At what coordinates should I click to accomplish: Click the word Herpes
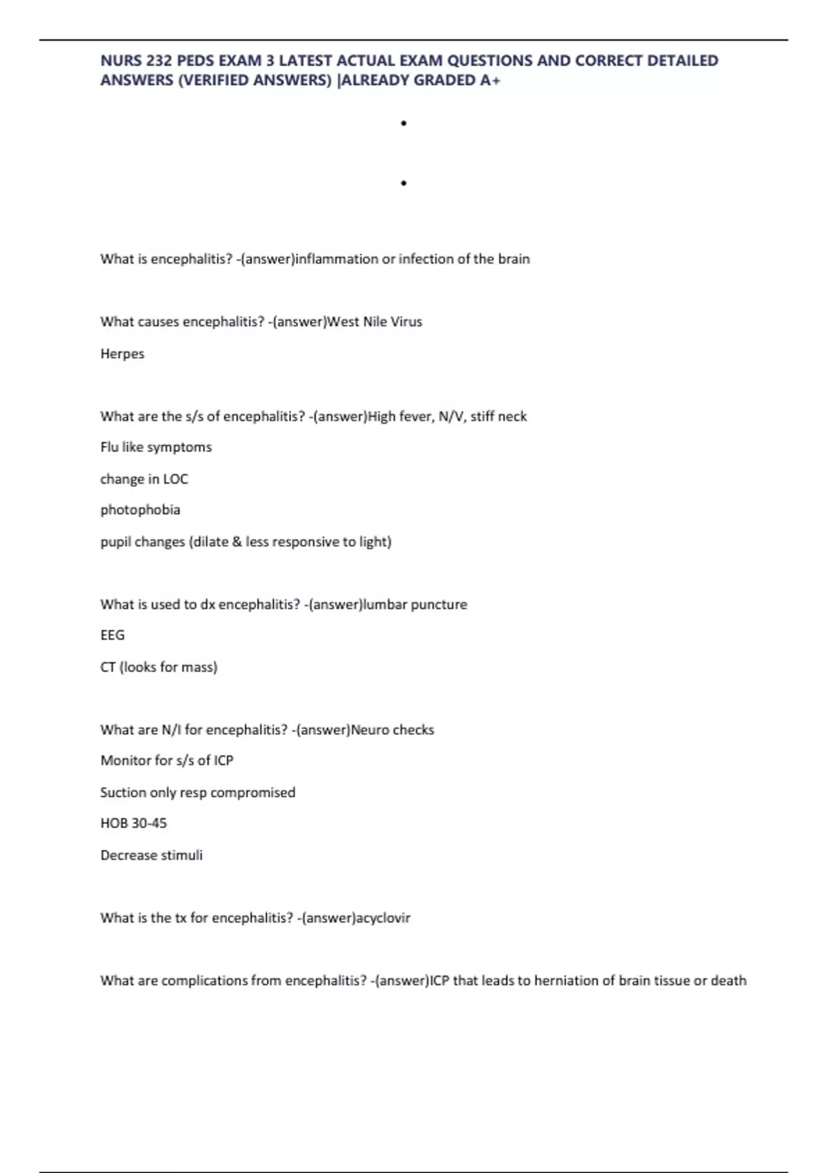pyautogui.click(x=122, y=353)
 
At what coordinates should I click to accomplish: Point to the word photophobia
pyautogui.click(x=140, y=510)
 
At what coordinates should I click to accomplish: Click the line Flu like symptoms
pyautogui.click(x=156, y=447)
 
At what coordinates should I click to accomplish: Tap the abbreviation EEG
pyautogui.click(x=112, y=635)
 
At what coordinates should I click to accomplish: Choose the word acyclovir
pyautogui.click(x=383, y=918)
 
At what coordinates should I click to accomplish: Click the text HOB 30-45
pyautogui.click(x=134, y=823)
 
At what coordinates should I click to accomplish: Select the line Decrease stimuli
pyautogui.click(x=152, y=855)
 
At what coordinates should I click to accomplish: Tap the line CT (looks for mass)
pyautogui.click(x=159, y=667)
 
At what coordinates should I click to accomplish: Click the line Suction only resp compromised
pyautogui.click(x=197, y=792)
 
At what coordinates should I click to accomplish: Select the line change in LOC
pyautogui.click(x=144, y=479)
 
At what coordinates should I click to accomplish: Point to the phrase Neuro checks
pyautogui.click(x=393, y=729)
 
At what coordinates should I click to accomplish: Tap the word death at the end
pyautogui.click(x=729, y=980)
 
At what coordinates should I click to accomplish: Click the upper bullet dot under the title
pyautogui.click(x=404, y=124)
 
